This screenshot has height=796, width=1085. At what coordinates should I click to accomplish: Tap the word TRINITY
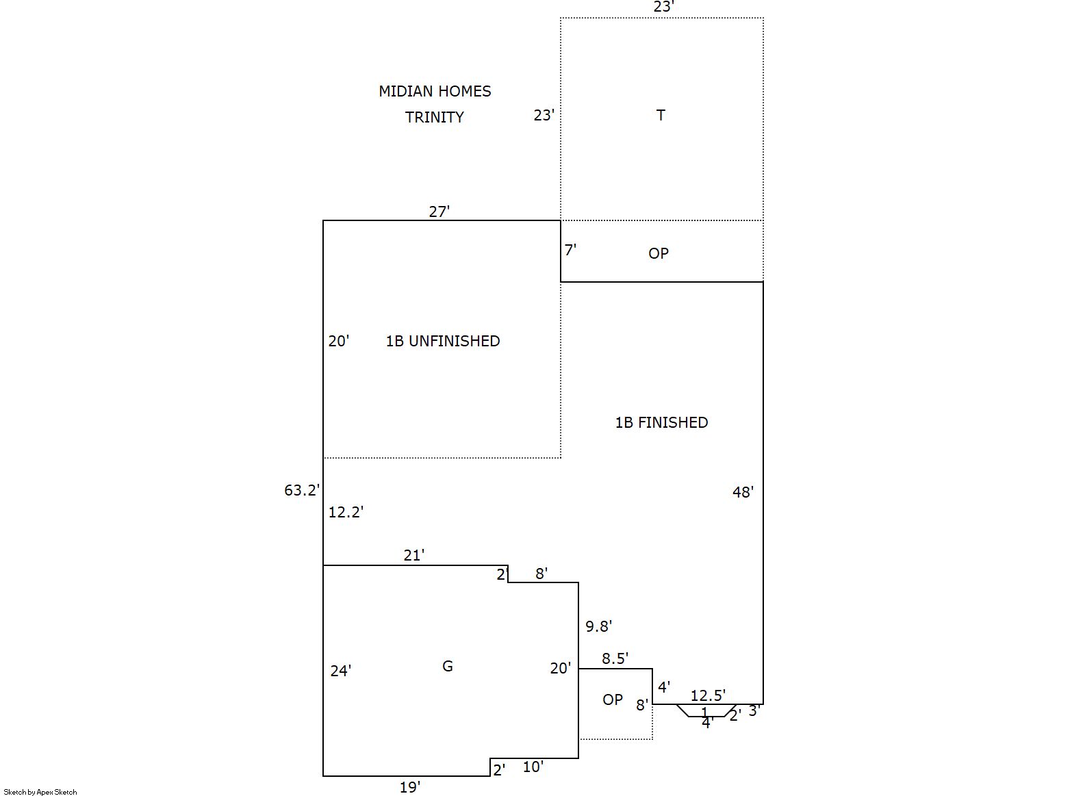435,117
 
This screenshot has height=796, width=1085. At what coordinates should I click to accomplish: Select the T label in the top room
661,115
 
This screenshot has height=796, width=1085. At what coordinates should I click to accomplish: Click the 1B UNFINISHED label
443,341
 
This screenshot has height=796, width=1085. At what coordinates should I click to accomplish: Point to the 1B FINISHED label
661,422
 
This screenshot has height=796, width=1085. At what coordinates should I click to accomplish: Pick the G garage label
448,666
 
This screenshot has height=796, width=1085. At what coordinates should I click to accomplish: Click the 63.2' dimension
302,490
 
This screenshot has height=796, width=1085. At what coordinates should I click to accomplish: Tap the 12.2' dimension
346,512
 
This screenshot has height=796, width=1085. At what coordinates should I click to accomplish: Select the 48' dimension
743,491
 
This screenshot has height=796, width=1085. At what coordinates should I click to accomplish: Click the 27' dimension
439,211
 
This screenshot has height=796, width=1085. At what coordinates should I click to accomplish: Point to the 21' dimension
413,555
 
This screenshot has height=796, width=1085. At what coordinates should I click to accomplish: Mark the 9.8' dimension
598,626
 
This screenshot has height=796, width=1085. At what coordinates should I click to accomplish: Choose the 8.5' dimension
615,658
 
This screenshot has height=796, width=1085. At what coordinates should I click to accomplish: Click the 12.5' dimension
708,695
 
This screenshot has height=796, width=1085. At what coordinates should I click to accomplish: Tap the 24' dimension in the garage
341,671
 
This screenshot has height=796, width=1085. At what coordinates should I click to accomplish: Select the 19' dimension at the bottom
409,787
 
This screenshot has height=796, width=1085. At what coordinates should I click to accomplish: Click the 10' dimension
533,767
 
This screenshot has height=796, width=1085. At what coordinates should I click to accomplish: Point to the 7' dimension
570,250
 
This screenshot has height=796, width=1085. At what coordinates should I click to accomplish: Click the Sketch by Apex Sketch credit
40,792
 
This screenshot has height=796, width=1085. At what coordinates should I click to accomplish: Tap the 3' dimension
754,710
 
